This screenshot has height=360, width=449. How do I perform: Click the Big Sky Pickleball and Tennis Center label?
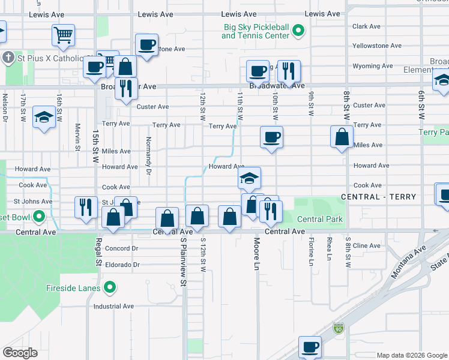coord(256,31)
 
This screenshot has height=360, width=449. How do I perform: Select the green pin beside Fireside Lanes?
coord(109,289)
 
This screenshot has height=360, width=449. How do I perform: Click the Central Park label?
coord(320,219)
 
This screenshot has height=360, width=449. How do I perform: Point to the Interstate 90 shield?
coord(339,329)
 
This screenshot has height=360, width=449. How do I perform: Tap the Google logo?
coord(20,353)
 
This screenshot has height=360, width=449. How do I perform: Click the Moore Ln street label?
coord(257,256)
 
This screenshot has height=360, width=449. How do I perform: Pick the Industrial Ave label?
coord(113,306)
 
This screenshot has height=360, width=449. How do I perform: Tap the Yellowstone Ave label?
coord(376,46)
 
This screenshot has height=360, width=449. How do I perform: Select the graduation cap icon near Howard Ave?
coord(249,177)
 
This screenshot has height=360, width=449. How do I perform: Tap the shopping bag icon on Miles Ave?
coord(342,136)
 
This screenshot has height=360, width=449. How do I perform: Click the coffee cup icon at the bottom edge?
coord(310,347)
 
